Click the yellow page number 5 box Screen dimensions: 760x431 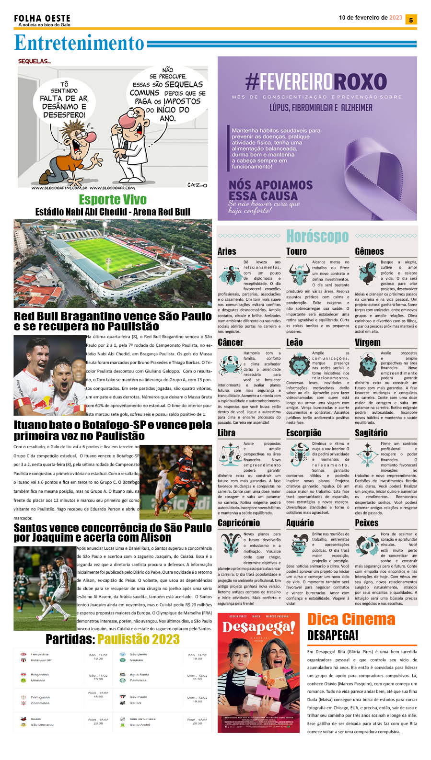(411, 20)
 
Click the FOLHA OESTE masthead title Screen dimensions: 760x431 (42, 18)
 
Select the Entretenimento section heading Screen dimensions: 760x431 (79, 43)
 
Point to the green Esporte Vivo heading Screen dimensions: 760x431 (113, 200)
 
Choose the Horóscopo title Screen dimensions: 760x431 (317, 236)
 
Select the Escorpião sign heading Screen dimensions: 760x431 (303, 433)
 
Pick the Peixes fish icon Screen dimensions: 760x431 (367, 546)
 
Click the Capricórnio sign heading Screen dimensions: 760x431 (239, 523)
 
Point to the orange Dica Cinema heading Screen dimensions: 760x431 (351, 619)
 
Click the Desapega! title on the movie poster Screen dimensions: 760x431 (258, 627)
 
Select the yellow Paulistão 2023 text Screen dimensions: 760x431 (139, 639)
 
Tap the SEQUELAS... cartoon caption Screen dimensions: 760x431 (35, 61)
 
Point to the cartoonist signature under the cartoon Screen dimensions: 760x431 (197, 185)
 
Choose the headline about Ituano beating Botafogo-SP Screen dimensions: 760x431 (113, 430)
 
